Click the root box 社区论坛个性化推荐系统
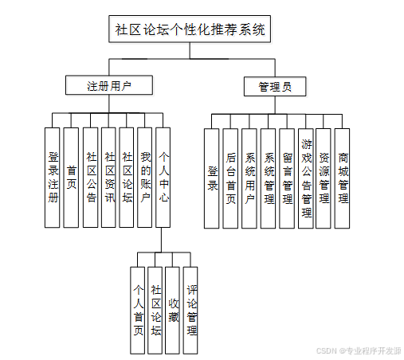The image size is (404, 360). click(190, 29)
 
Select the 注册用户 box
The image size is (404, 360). click(109, 85)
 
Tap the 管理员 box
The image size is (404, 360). click(275, 87)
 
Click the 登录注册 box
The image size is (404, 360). click(52, 178)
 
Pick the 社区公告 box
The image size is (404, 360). click(90, 178)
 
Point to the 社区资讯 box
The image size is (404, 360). click(108, 178)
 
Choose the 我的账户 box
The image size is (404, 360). click(144, 178)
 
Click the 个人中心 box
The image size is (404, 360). click(163, 178)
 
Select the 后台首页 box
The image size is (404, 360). click(230, 178)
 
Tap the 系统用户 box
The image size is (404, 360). click(249, 178)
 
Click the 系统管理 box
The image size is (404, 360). click(268, 178)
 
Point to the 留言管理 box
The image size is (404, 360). click(287, 178)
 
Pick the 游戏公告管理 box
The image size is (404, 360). click(306, 178)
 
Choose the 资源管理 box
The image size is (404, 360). click(324, 178)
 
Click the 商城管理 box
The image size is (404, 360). click(342, 178)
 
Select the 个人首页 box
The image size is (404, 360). click(138, 311)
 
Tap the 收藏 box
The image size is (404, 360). click(172, 311)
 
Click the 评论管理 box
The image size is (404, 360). click(190, 311)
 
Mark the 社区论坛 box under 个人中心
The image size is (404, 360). click(155, 311)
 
